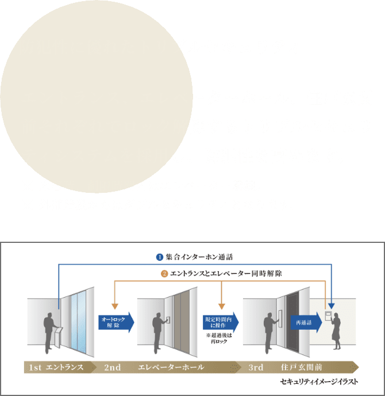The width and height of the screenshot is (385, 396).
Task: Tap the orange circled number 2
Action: click(164, 273)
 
